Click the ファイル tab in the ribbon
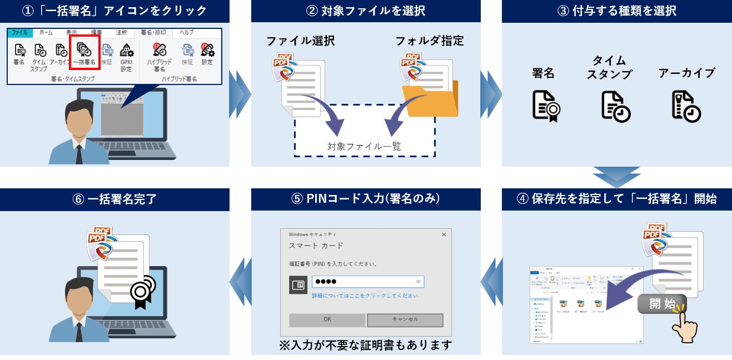tap(19, 33)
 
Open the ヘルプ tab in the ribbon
tap(187, 33)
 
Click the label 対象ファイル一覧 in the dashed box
tap(364, 147)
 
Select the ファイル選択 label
tap(300, 41)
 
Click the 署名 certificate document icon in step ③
tap(546, 106)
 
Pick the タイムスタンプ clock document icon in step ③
tap(616, 106)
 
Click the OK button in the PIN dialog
tap(327, 319)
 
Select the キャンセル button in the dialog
tap(405, 319)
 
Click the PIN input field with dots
tap(367, 282)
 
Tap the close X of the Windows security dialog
tap(444, 235)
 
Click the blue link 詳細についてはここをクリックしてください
tap(365, 296)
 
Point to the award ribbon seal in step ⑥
tap(142, 289)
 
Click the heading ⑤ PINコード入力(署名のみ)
tap(365, 199)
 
